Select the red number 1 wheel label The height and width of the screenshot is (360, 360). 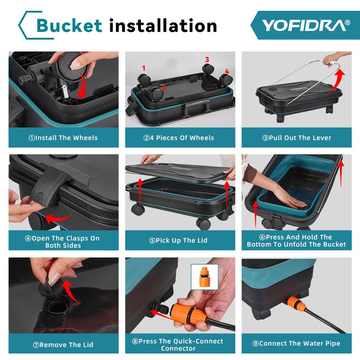(x=144, y=68)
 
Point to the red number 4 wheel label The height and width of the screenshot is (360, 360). (x=227, y=71)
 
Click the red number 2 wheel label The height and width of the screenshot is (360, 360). (x=164, y=87)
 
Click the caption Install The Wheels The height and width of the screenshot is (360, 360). (x=63, y=138)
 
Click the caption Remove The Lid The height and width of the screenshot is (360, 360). (x=63, y=345)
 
